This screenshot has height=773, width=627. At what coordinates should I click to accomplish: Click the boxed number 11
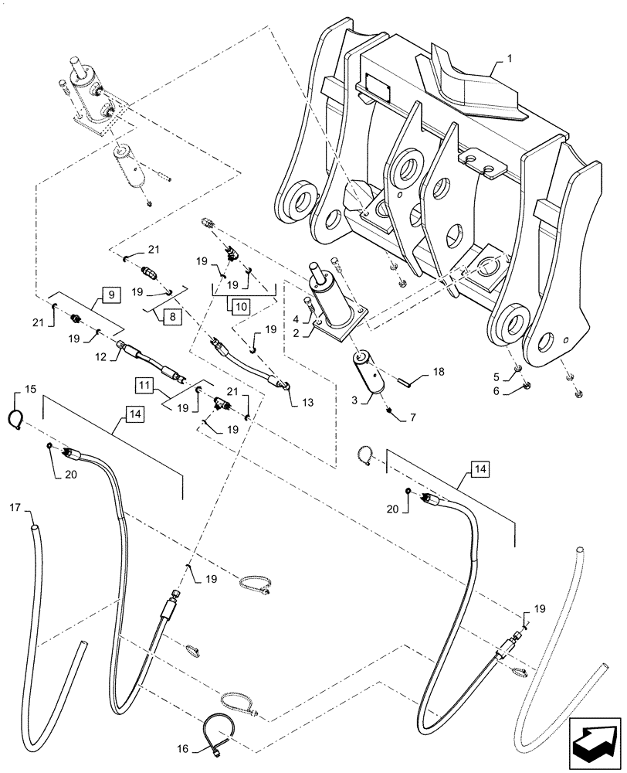145,383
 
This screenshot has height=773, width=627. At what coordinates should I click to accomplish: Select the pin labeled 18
405,379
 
